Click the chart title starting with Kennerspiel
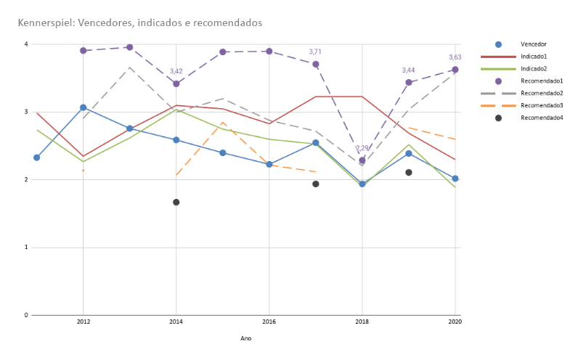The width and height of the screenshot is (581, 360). (140, 23)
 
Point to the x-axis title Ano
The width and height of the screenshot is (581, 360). (246, 338)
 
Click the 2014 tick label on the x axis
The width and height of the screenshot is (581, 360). (176, 321)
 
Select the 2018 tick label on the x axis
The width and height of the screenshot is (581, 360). (362, 321)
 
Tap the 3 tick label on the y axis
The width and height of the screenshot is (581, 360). (26, 112)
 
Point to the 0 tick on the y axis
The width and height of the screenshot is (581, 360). (26, 315)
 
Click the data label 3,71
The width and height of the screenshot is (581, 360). (315, 52)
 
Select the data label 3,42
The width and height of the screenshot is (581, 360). (176, 71)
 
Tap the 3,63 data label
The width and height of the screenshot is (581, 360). (455, 57)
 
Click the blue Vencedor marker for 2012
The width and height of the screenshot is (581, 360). (84, 107)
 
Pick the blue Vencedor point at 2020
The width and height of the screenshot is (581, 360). (455, 179)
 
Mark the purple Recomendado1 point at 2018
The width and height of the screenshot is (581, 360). (362, 160)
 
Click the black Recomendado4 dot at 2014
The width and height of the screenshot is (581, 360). (176, 202)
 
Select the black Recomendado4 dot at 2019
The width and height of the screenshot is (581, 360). (409, 173)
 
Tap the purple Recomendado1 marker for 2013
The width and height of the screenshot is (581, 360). (130, 47)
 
